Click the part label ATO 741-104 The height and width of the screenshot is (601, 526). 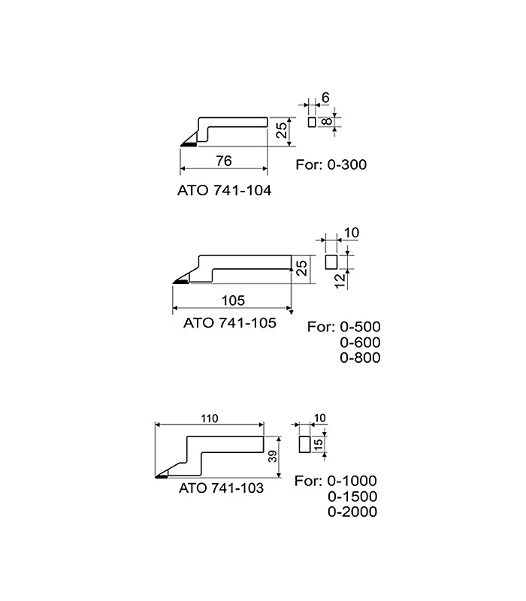(224, 190)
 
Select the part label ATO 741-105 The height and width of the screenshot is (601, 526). (230, 323)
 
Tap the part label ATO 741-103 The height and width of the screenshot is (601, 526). (221, 488)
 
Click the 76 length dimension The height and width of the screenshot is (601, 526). (224, 161)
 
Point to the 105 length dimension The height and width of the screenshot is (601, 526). (233, 300)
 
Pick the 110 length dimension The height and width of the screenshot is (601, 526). (210, 418)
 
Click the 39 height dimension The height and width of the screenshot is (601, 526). (273, 456)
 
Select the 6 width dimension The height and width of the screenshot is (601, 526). (325, 98)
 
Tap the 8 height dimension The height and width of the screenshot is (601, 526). (326, 122)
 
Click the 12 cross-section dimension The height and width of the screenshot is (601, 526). (340, 281)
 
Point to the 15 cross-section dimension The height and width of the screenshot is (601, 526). (318, 445)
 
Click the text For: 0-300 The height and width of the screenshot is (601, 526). (331, 165)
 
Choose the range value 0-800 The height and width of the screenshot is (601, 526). (360, 358)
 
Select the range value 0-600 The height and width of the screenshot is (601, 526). (360, 343)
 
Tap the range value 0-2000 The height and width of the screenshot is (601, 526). (352, 512)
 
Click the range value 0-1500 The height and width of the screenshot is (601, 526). (352, 497)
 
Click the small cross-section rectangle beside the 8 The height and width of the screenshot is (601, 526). (312, 122)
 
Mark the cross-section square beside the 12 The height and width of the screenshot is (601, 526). (331, 262)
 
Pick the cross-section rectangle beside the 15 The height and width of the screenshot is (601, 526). (304, 444)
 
